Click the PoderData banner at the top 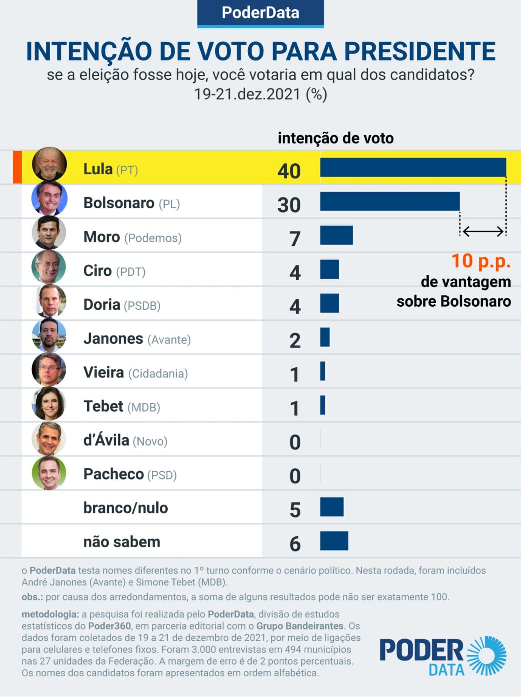[260, 13]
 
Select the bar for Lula [413, 168]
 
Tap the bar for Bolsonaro [390, 201]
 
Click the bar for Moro [336, 235]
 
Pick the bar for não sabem [334, 541]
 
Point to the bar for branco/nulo [332, 507]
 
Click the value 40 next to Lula [289, 171]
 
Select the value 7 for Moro [295, 239]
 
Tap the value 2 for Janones [295, 341]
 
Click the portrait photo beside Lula [49, 164]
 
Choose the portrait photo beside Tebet [49, 404]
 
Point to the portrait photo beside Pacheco [49, 473]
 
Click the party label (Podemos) [153, 238]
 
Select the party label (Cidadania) [158, 374]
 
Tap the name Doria [102, 305]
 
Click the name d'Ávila [106, 440]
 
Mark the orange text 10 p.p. [480, 261]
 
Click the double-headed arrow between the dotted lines [483, 231]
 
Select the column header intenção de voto [335, 138]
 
